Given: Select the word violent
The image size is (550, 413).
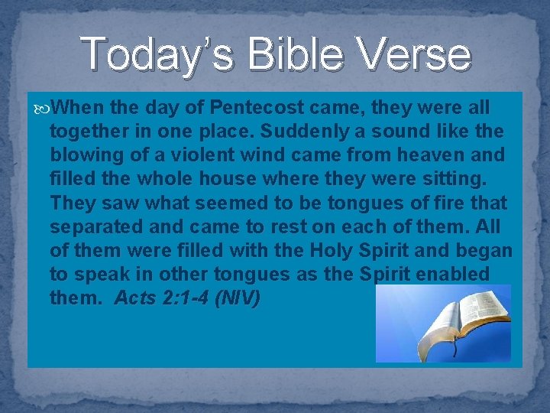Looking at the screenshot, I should pos(207,155).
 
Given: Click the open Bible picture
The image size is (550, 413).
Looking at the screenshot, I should pos(443,324).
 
